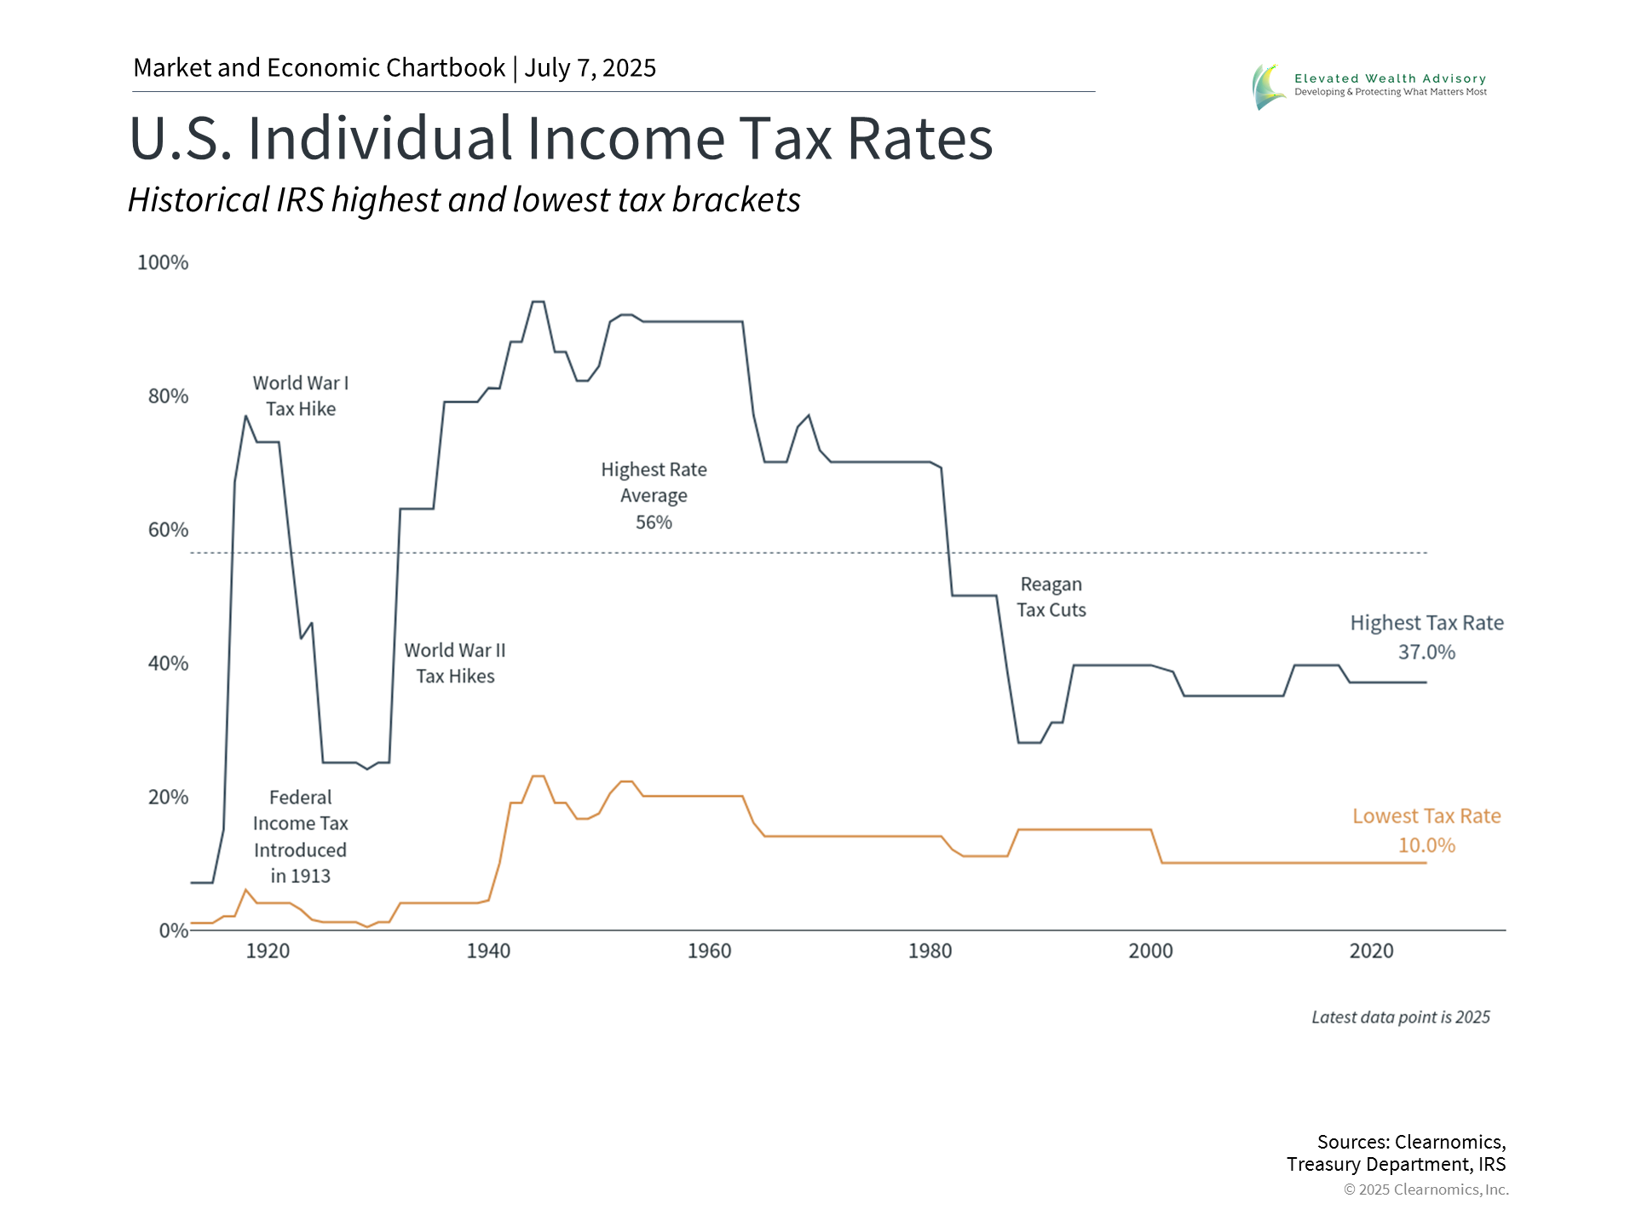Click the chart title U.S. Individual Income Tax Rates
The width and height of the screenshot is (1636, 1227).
click(561, 138)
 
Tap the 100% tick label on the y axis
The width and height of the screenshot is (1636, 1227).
click(163, 262)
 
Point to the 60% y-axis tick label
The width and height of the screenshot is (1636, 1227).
click(168, 530)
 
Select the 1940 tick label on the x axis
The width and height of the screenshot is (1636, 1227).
click(488, 951)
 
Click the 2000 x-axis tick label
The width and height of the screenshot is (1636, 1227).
click(1150, 951)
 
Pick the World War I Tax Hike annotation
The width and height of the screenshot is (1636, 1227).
click(301, 396)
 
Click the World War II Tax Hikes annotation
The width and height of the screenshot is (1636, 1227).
click(455, 663)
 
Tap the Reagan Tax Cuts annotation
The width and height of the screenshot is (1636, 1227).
click(1051, 597)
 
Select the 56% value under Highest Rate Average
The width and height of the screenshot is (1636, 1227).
click(654, 522)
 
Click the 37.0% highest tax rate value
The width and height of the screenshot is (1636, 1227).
click(1426, 653)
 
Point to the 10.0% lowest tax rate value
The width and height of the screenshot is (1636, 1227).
click(1426, 845)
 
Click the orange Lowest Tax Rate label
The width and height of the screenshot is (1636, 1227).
click(1426, 816)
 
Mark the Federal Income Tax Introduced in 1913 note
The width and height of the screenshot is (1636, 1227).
click(301, 837)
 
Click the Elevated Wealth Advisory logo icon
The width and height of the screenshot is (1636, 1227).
click(1268, 87)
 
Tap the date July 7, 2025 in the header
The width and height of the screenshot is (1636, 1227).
click(590, 68)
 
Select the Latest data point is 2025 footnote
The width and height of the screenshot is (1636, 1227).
click(1400, 1017)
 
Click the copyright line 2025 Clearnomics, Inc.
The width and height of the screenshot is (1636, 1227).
click(1426, 1190)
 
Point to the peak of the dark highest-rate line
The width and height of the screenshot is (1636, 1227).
click(538, 302)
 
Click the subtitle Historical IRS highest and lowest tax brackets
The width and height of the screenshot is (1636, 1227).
click(464, 200)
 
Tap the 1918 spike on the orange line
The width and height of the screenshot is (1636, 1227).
click(245, 890)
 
